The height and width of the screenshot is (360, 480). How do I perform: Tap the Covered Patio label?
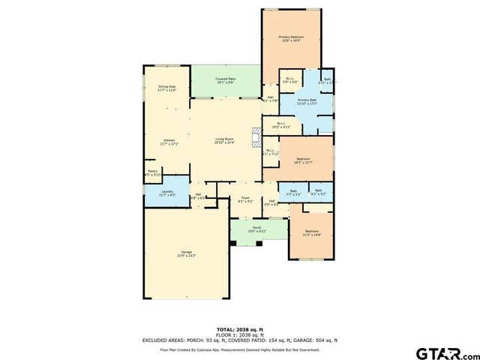coord(225,79)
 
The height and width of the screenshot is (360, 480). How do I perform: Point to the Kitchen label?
coord(169,140)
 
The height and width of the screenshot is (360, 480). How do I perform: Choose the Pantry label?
coord(152,172)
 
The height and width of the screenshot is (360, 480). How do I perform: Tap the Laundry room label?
coord(167,193)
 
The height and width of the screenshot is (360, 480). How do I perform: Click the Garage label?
coord(186,253)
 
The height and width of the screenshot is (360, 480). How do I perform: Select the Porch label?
coord(256,229)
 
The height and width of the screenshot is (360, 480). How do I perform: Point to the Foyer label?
coord(245,199)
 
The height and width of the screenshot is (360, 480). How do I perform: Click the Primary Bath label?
coord(307,101)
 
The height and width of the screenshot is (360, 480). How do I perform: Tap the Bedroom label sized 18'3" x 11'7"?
coord(303,160)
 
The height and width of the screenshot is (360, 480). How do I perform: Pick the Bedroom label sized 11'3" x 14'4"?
coord(311,232)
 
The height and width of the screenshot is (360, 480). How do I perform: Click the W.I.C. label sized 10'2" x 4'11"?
coord(280,125)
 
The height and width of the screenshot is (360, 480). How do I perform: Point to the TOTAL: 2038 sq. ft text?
coord(240,329)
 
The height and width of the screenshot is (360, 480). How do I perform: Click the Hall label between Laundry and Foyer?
coord(199,196)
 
